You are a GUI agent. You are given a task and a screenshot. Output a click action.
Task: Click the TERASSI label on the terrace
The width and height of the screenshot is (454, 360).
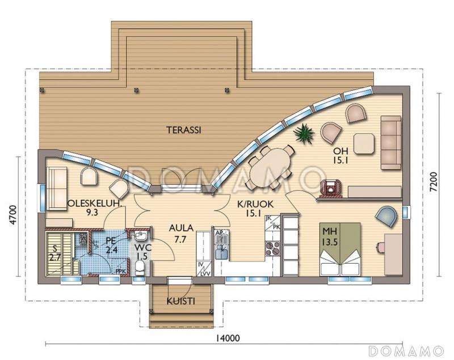(x=184, y=130)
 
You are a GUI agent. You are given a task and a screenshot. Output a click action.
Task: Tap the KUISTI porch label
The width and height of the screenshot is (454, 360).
(x=180, y=302)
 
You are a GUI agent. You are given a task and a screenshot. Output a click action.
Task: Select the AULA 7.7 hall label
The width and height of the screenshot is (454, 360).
(x=181, y=234)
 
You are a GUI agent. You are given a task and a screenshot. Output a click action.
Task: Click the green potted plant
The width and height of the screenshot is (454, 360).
(x=304, y=134)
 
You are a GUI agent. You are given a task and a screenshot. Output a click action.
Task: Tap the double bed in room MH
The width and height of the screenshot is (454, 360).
(x=340, y=249)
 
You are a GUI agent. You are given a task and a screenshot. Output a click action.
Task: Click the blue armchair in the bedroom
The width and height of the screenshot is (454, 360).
(x=386, y=217)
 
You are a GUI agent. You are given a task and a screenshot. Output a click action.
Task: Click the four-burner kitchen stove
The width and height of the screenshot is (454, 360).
(x=273, y=249)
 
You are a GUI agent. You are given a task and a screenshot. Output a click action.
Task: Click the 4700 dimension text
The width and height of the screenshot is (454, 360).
(x=14, y=214)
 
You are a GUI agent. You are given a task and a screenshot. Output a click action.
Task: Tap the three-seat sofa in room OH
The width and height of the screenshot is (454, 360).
(x=391, y=142)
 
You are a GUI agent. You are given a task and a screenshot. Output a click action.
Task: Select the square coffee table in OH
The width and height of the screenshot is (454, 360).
(x=364, y=143)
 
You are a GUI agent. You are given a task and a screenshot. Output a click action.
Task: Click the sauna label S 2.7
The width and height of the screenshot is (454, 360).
(x=54, y=252)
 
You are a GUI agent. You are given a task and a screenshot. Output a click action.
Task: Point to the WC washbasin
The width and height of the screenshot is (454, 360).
(x=141, y=236)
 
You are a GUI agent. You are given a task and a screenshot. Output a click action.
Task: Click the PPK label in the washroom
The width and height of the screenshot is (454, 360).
(x=120, y=271)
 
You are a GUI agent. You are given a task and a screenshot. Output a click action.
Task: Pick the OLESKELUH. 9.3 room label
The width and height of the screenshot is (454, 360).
(x=93, y=207)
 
